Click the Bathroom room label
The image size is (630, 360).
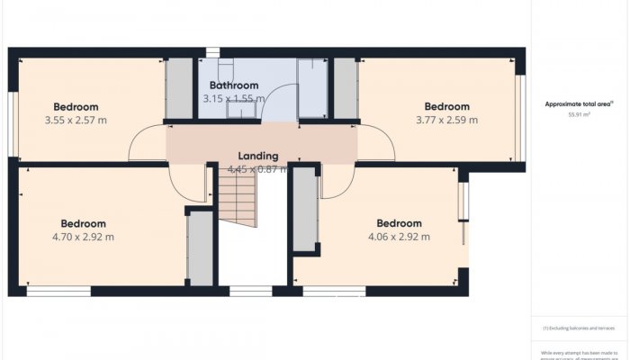[233, 85]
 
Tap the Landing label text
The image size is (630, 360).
[257, 156]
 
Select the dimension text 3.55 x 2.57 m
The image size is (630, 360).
[76, 120]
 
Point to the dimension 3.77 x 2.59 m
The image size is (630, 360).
[446, 119]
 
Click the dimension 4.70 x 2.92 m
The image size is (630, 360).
[83, 237]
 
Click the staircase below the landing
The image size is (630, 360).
[238, 200]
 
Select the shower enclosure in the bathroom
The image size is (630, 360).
[312, 88]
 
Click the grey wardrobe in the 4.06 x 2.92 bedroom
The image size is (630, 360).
[305, 210]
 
